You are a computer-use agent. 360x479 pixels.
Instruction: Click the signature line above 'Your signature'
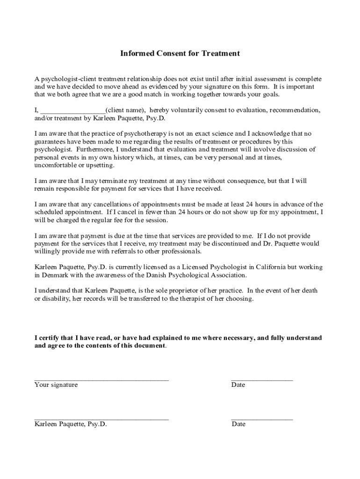(101, 380)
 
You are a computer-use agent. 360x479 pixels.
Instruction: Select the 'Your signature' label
(56, 385)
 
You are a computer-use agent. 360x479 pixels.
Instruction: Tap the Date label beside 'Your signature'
(238, 385)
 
